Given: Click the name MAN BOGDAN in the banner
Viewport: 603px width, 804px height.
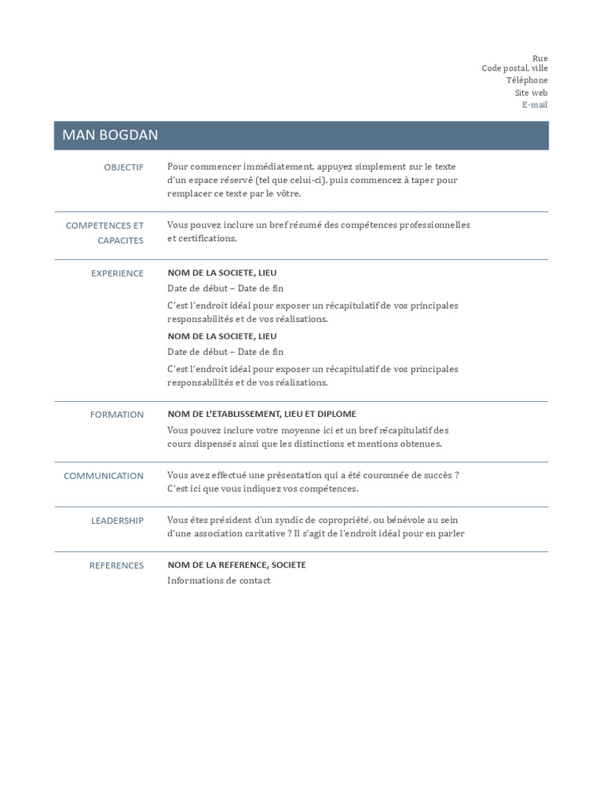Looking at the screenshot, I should (110, 135).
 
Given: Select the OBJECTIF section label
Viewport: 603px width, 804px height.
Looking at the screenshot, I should (124, 167).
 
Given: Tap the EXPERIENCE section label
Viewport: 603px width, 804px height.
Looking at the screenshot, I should (118, 273).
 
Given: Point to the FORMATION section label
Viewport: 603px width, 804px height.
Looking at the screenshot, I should (117, 415).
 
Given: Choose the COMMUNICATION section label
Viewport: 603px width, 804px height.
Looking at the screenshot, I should (104, 476).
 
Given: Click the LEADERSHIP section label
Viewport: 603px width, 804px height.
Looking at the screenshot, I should (117, 521).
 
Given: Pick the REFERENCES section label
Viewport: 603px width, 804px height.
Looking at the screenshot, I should (116, 565).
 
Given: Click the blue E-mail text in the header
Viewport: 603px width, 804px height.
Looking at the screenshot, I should (535, 104).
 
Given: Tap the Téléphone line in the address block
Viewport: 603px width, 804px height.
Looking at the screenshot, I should (527, 80).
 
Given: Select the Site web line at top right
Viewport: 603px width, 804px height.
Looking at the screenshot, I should (532, 93).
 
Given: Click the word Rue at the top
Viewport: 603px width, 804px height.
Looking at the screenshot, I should (540, 58).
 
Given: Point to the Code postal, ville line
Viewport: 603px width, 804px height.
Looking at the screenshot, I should (514, 68).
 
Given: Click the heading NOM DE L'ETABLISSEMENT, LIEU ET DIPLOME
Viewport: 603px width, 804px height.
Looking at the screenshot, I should (261, 414).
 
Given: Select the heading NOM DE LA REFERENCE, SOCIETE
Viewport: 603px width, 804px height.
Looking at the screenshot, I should (236, 565).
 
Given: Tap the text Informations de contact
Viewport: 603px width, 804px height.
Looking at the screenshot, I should (218, 580).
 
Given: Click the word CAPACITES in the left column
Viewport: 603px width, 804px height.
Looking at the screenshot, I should (121, 240).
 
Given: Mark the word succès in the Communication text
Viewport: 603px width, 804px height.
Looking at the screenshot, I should (433, 475).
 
